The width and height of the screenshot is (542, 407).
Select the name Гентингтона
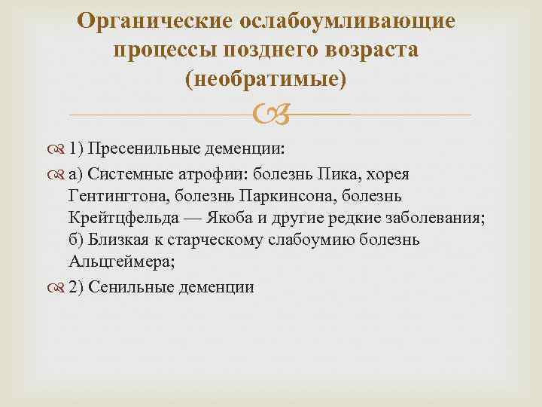111,196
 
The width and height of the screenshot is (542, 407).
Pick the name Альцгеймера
113,262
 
